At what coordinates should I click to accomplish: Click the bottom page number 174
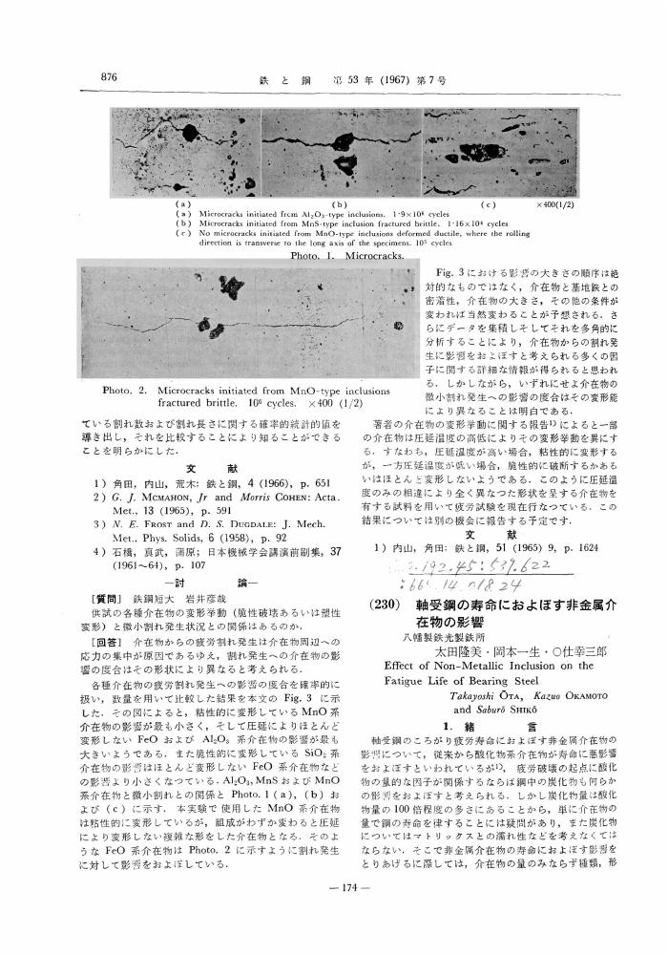(x=340, y=927)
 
